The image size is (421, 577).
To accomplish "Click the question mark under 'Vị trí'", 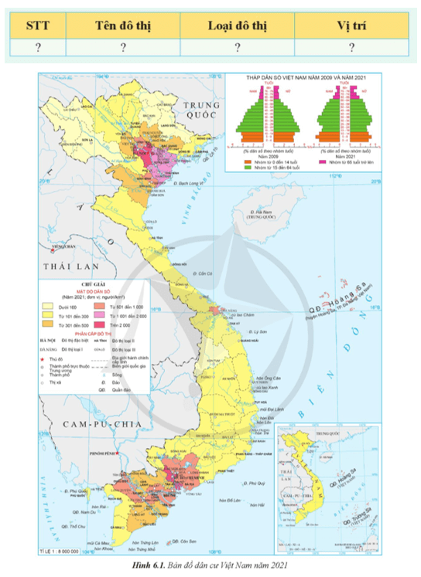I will [x=351, y=48].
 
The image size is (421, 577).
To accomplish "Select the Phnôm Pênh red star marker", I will [x=117, y=453].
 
